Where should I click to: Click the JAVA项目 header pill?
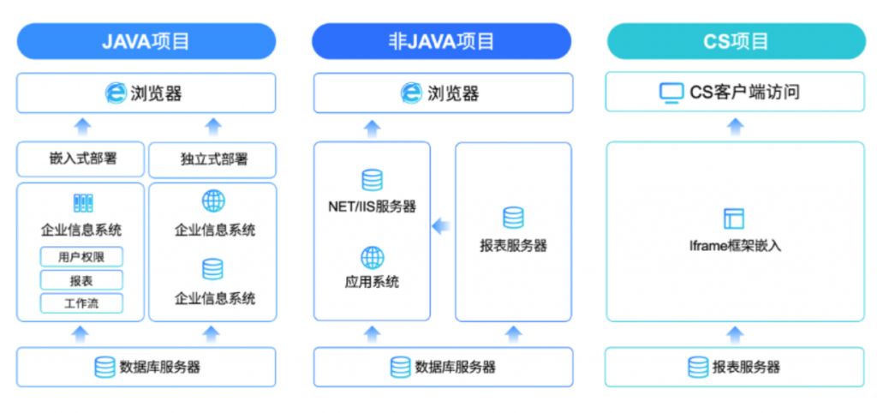pos(146,41)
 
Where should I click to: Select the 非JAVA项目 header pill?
pos(441,41)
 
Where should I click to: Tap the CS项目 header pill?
pos(736,41)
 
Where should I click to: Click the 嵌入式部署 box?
pos(81,159)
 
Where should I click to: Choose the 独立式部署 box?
pos(212,160)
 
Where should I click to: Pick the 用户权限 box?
pos(81,256)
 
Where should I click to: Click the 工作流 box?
pos(81,303)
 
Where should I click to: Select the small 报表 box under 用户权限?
pos(81,280)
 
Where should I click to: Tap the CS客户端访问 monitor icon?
pos(671,93)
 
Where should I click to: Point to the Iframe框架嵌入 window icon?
pos(734,218)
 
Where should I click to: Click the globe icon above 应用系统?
pos(372,257)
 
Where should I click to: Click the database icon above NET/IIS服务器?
pos(372,180)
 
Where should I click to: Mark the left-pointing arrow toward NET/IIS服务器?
pos(440,227)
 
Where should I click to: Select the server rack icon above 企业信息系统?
pos(82,203)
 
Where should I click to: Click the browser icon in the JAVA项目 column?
pos(116,93)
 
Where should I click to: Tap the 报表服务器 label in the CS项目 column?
pos(746,368)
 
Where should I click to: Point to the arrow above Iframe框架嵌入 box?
pos(735,127)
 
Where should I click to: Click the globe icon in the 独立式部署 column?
pos(213,201)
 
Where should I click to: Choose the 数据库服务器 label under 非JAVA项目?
pos(455,368)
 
